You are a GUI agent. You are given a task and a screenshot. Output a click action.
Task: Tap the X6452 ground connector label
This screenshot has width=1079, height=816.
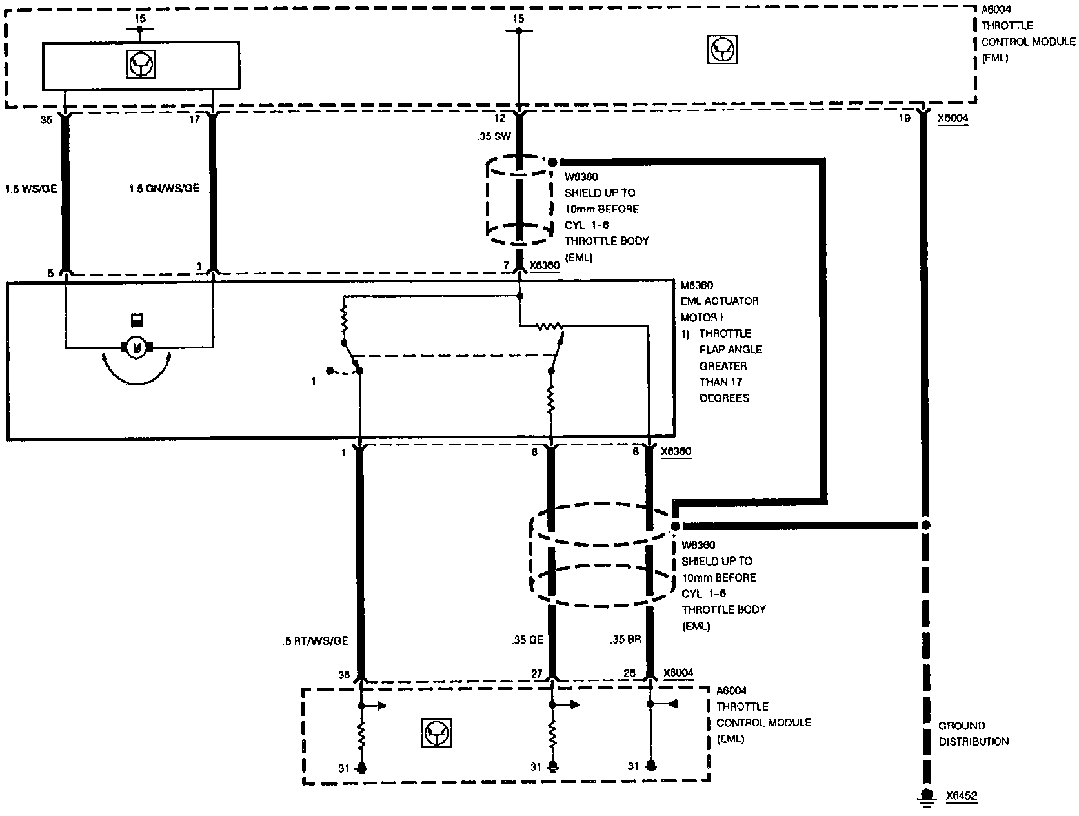click(x=962, y=797)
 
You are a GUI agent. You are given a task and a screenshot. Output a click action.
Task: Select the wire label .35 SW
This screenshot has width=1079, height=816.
click(x=494, y=137)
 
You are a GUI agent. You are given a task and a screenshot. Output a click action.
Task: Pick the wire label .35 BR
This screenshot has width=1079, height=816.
click(x=624, y=640)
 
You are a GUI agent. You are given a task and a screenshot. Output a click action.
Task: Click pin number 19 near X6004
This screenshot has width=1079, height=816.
click(x=903, y=118)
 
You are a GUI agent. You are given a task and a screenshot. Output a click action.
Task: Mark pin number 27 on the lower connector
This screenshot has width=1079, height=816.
click(x=536, y=674)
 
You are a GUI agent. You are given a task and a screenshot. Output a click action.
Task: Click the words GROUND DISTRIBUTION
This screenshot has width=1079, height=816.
click(x=973, y=733)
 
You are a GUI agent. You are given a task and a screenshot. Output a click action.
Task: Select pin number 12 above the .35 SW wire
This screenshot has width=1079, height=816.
click(x=500, y=119)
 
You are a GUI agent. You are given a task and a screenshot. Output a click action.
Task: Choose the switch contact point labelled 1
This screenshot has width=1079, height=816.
click(x=330, y=371)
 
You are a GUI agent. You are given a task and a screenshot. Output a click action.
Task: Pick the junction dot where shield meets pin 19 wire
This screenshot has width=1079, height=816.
click(x=925, y=525)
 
